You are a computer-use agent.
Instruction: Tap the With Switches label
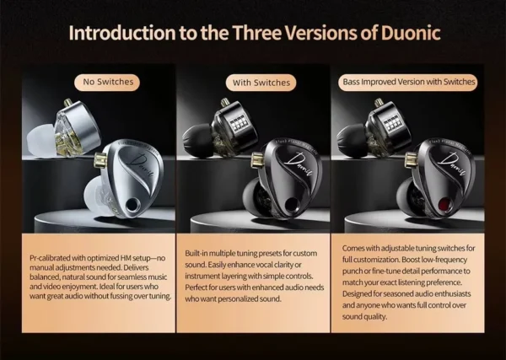[x=260, y=82]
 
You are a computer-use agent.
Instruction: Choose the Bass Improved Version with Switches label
[x=407, y=82]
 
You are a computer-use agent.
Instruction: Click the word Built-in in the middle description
[x=197, y=252]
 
